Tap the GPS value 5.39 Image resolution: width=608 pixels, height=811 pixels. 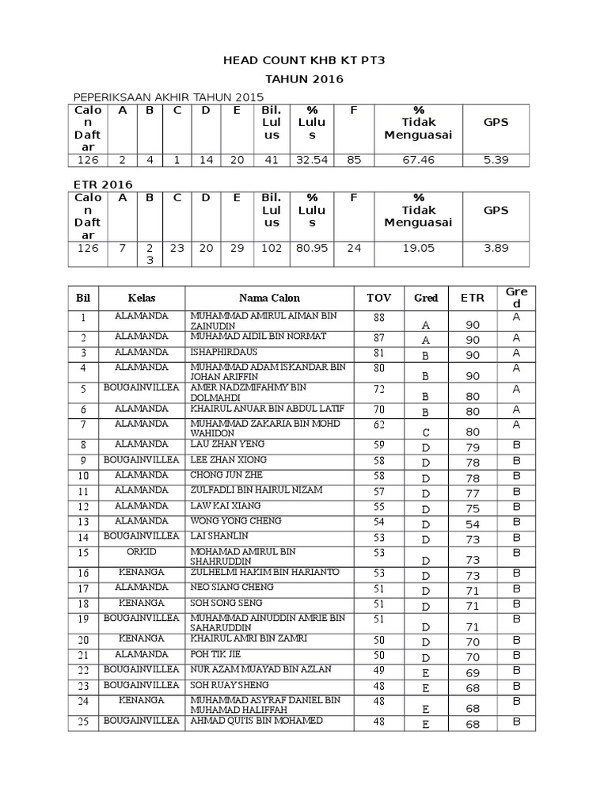pyautogui.click(x=496, y=160)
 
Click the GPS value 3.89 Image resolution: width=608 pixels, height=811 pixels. pyautogui.click(x=496, y=248)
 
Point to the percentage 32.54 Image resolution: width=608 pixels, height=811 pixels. pyautogui.click(x=312, y=160)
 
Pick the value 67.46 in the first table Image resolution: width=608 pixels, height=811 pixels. pyautogui.click(x=418, y=160)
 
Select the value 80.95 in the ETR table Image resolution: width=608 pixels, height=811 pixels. pyautogui.click(x=312, y=248)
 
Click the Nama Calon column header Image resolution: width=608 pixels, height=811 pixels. pyautogui.click(x=269, y=299)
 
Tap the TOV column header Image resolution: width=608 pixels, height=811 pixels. pyautogui.click(x=378, y=299)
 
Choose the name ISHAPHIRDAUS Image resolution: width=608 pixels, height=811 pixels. pyautogui.click(x=223, y=352)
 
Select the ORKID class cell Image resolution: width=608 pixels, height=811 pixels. pyautogui.click(x=141, y=551)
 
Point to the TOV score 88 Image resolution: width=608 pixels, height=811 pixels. pyautogui.click(x=378, y=318)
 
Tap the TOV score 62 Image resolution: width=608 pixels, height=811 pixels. pyautogui.click(x=378, y=425)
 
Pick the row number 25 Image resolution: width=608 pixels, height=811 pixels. pyautogui.click(x=83, y=722)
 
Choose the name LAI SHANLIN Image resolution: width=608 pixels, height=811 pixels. pyautogui.click(x=213, y=536)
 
